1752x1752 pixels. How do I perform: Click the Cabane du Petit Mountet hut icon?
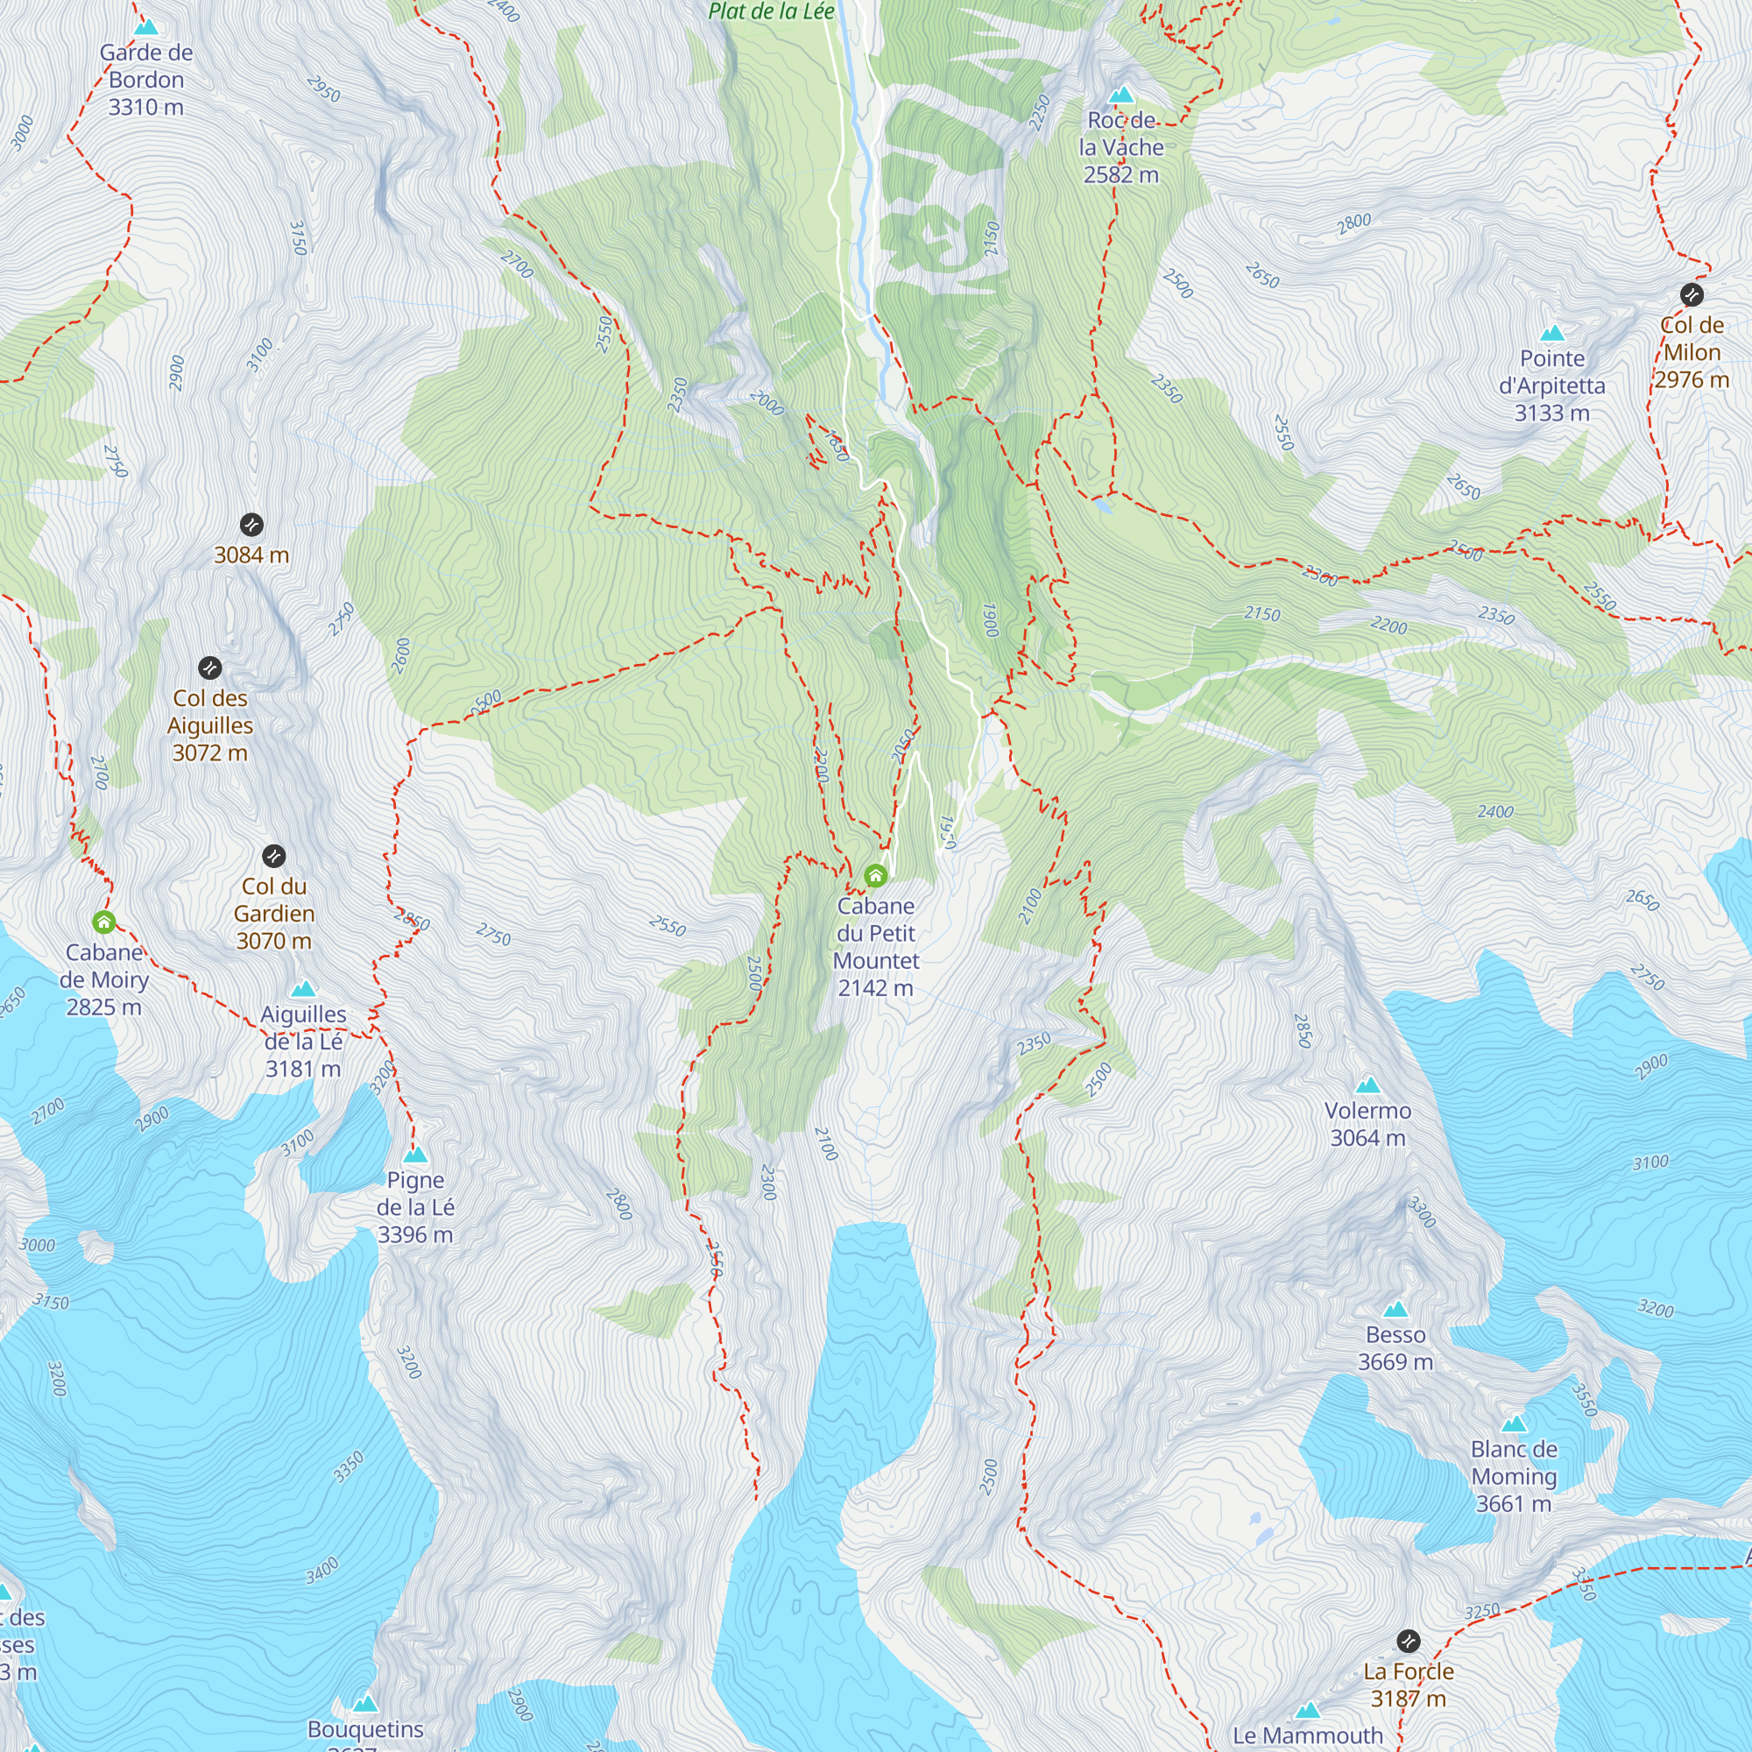click(875, 875)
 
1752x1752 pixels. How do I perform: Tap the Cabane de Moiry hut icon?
click(104, 922)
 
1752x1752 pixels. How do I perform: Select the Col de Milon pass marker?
click(1692, 293)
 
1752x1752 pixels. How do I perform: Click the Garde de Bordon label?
click(146, 80)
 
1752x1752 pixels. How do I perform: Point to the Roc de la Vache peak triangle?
click(1122, 95)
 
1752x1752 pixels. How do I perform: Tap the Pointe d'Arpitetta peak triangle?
click(1552, 333)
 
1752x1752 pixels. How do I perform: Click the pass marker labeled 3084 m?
click(251, 524)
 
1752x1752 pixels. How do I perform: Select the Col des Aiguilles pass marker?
click(209, 668)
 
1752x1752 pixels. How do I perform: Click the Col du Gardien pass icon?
click(274, 855)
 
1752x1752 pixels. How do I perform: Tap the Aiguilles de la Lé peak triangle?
click(303, 988)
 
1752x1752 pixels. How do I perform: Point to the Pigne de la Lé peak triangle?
click(415, 1155)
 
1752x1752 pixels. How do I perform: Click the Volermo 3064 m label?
click(1367, 1124)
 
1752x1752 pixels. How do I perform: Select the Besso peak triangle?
click(1395, 1310)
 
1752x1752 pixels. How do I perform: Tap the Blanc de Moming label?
click(1514, 1475)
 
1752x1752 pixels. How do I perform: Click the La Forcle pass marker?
click(1408, 1641)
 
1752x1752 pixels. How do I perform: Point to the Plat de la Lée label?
click(771, 11)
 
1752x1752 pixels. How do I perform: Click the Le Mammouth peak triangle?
click(1307, 1710)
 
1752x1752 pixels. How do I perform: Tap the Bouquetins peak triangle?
click(365, 1703)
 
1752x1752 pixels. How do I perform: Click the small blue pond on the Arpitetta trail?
click(1103, 505)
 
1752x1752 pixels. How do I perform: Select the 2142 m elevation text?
click(875, 987)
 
